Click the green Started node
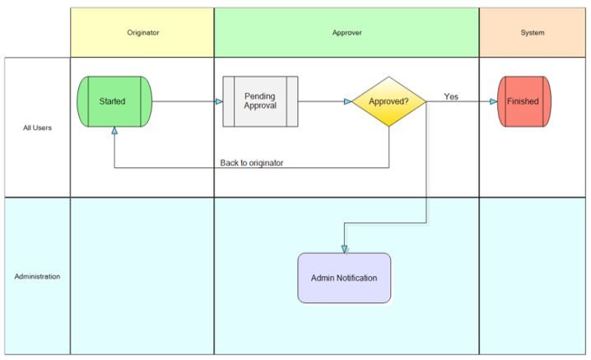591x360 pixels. (x=115, y=101)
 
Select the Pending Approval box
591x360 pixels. (x=260, y=101)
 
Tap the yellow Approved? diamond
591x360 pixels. (x=389, y=101)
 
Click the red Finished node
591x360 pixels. (x=524, y=101)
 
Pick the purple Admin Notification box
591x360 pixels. (x=344, y=278)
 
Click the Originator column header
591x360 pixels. (x=142, y=33)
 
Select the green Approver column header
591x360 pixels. (x=346, y=33)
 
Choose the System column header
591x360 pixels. (x=533, y=33)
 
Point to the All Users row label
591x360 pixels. (x=37, y=127)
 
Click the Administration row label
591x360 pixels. (x=37, y=276)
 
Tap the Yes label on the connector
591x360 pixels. (x=451, y=96)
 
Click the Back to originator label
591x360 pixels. (x=252, y=162)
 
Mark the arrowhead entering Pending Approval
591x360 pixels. (x=219, y=101)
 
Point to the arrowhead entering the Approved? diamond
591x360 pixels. (x=347, y=101)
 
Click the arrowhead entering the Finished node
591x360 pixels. (x=493, y=101)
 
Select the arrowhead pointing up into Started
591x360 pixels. (x=114, y=130)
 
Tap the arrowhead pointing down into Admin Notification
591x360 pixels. (x=344, y=248)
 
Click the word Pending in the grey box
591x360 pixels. (x=260, y=96)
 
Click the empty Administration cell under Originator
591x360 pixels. (x=142, y=276)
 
